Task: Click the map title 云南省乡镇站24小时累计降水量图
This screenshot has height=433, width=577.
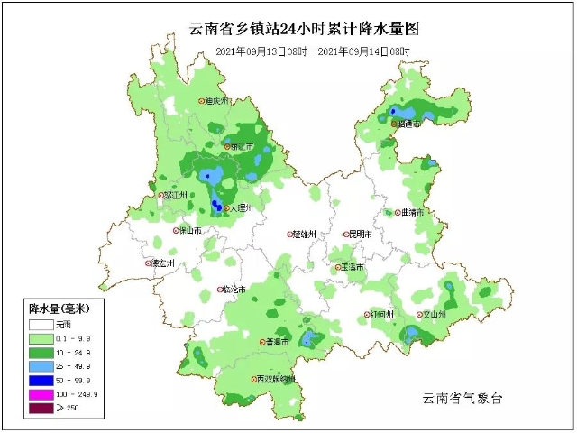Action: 305,30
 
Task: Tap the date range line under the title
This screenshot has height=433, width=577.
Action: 313,52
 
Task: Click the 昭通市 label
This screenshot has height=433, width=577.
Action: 408,124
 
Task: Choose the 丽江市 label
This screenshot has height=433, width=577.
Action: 240,146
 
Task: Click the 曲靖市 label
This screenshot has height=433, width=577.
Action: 409,213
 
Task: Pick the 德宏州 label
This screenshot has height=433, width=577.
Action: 161,263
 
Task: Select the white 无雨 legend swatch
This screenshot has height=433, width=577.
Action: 41,323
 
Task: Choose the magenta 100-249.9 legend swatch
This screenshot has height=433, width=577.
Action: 41,394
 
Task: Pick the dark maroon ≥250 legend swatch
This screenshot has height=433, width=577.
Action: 41,409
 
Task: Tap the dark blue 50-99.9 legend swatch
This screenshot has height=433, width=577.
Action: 41,380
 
